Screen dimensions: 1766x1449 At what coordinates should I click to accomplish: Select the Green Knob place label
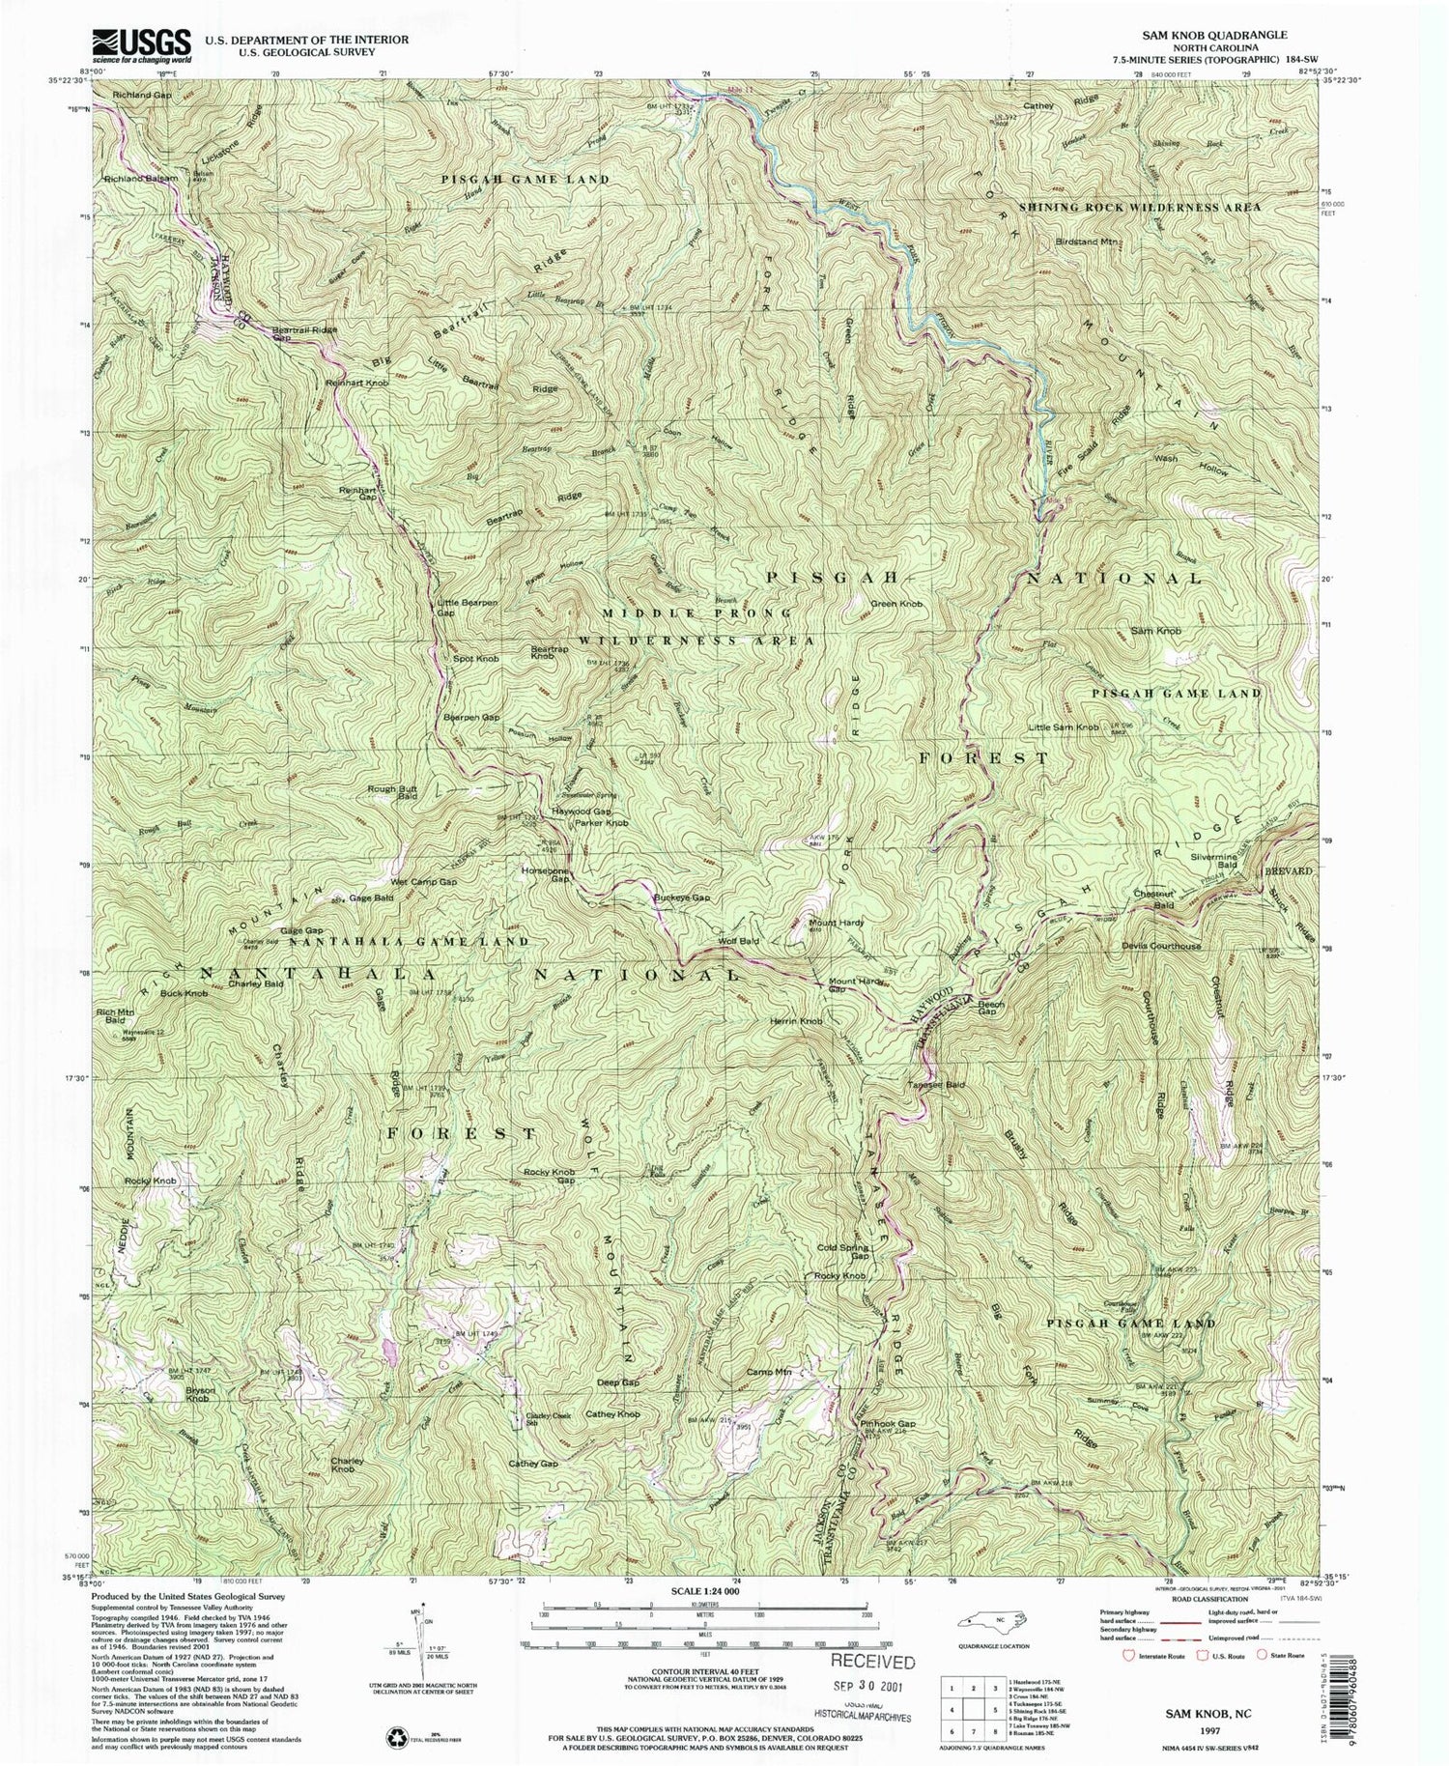[896, 605]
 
